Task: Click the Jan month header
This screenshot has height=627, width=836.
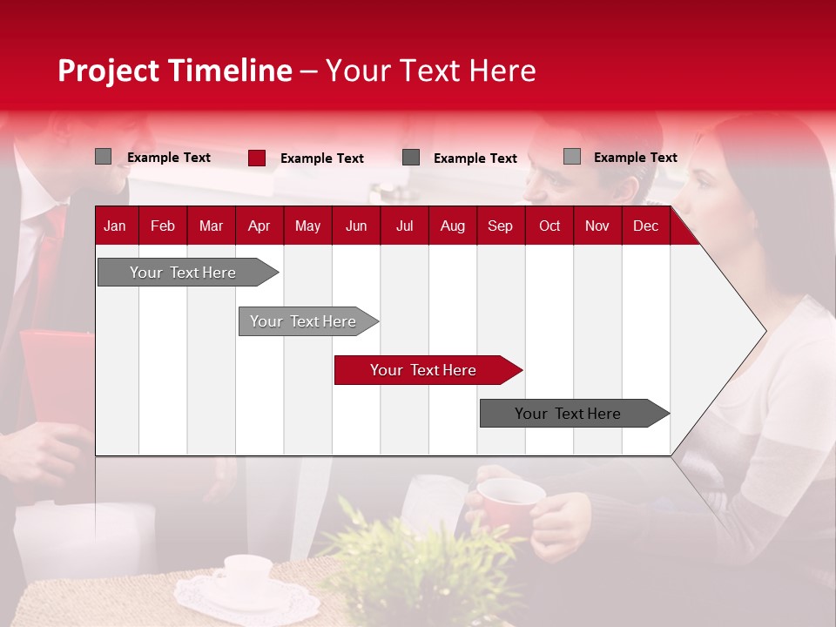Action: [115, 226]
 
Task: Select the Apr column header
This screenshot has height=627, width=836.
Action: [259, 226]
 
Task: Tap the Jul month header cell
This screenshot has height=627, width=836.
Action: [404, 226]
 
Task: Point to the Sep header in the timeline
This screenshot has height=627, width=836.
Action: [500, 226]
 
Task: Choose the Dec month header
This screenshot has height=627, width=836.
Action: [645, 226]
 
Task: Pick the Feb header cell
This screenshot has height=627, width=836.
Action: [163, 226]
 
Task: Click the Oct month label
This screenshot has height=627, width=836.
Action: [549, 226]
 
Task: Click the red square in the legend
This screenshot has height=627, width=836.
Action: [257, 158]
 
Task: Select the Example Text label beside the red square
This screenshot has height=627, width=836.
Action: [322, 158]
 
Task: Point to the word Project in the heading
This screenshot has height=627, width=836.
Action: [108, 71]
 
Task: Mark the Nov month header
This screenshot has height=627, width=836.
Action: [597, 226]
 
